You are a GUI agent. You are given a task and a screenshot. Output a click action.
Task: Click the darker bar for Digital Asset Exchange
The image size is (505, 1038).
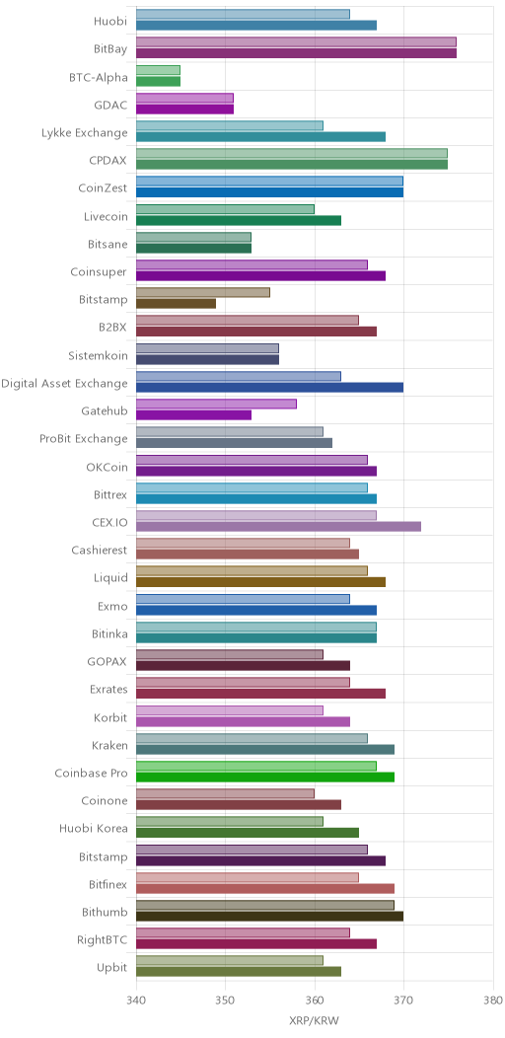(270, 388)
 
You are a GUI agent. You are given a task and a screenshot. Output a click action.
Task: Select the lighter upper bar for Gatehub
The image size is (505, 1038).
(216, 404)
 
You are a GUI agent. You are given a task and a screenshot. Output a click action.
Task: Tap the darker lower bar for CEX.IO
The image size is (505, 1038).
(279, 527)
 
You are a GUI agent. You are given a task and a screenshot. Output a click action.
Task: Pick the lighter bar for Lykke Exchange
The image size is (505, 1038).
(230, 125)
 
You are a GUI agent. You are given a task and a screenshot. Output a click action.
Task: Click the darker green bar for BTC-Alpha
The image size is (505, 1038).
(158, 82)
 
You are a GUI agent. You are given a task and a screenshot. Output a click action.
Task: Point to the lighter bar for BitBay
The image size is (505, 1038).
(297, 42)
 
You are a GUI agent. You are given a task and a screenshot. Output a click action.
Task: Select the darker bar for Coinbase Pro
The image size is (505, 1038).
(265, 778)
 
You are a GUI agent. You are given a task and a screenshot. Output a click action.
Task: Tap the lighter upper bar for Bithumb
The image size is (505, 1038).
(265, 905)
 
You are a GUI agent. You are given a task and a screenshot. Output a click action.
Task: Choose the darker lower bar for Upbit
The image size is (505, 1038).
(239, 972)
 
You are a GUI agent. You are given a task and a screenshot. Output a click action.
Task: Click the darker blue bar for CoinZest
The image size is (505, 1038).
(270, 192)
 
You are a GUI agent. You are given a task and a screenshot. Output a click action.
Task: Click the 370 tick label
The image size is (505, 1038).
(403, 999)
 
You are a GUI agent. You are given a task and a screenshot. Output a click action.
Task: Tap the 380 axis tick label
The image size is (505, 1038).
(493, 999)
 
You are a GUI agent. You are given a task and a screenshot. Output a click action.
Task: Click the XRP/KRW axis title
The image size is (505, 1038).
(315, 1021)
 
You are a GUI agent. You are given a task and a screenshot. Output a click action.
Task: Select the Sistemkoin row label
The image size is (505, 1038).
(98, 355)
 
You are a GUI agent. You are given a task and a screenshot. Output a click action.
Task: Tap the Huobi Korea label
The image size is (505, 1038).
(94, 828)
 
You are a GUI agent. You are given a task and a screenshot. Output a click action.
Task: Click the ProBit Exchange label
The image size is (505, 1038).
(84, 439)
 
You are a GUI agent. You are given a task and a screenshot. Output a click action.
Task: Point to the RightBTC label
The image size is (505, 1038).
(103, 939)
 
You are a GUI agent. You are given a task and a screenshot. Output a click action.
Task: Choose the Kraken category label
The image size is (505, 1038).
(109, 745)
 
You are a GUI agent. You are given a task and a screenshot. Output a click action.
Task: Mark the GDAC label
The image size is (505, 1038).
(111, 105)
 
